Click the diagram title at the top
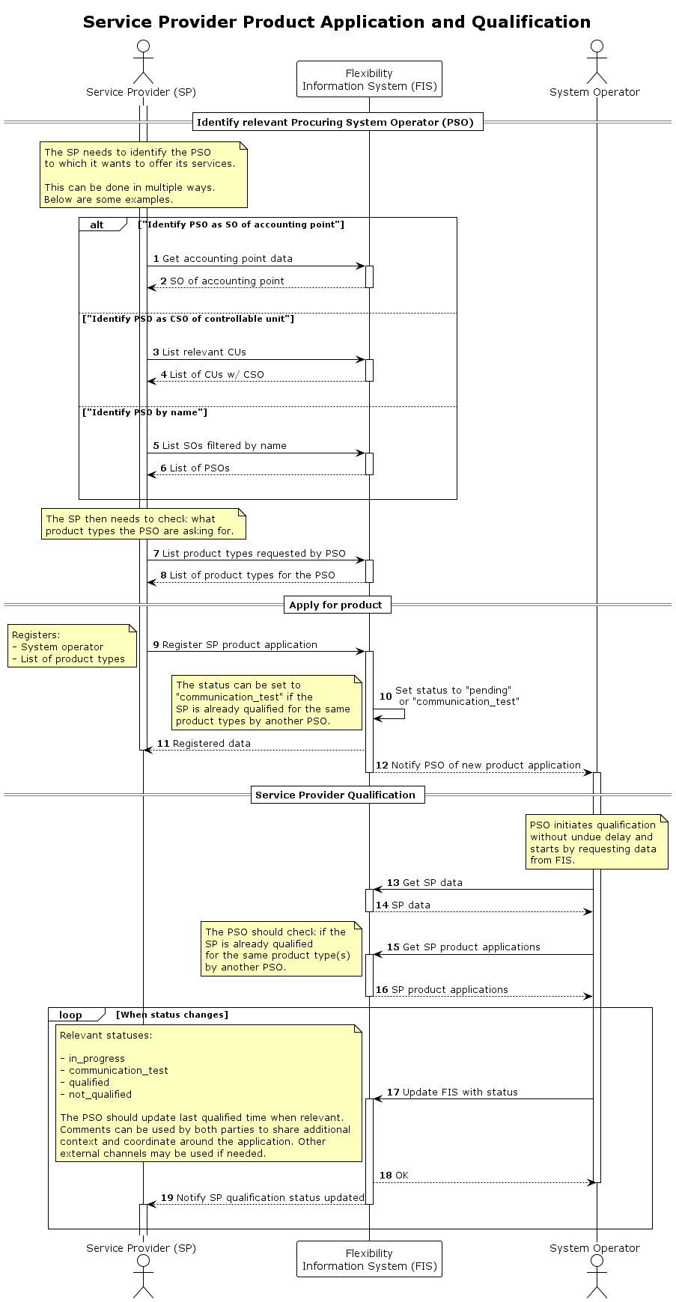[337, 22]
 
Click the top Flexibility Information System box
[369, 80]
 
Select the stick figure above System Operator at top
[596, 62]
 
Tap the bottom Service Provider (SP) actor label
[141, 1247]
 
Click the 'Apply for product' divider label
[336, 605]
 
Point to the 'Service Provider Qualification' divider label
[336, 795]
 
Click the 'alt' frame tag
[98, 224]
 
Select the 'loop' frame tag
[72, 1015]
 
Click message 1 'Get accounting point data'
[227, 259]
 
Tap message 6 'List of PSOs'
[199, 468]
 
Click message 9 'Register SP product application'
[240, 645]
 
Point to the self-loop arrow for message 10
[391, 714]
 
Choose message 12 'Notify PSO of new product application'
[485, 765]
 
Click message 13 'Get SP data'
[432, 883]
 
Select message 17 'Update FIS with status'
[460, 1092]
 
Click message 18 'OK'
[401, 1176]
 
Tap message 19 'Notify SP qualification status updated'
[270, 1198]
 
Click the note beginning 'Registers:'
[72, 647]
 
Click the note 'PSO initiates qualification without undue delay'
[596, 843]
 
